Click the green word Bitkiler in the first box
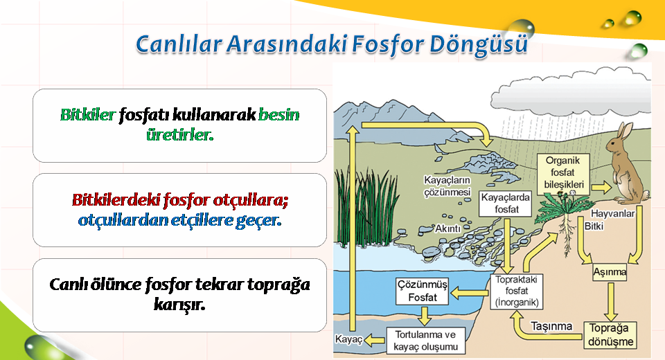[88, 114]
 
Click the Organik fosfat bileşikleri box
[564, 173]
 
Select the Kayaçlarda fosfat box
[506, 204]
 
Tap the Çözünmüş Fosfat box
[422, 291]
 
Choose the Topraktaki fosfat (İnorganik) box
[517, 291]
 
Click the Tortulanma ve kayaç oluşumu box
[425, 341]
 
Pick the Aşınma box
[610, 272]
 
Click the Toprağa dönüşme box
[611, 335]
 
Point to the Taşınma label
[551, 326]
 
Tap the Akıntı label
[448, 228]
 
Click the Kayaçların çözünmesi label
[447, 186]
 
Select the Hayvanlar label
[613, 213]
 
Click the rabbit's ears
[623, 132]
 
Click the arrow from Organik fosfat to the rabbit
[601, 187]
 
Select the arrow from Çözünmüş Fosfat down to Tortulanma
[424, 316]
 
